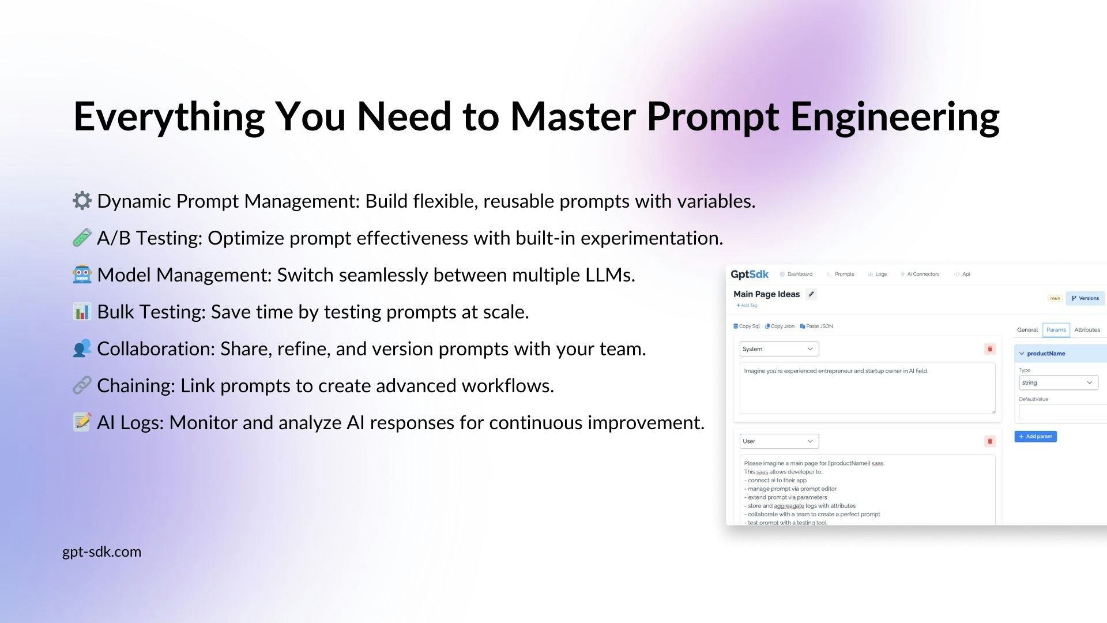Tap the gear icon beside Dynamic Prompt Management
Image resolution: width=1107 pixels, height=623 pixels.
tap(82, 201)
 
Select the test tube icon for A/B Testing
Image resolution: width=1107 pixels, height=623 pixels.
tap(82, 238)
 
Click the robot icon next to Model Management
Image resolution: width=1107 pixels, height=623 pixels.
tap(82, 275)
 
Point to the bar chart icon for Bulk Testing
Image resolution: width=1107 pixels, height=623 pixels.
tap(82, 311)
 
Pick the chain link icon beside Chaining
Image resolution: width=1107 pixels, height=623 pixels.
tap(82, 385)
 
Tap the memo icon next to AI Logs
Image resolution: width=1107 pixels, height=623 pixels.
tap(82, 422)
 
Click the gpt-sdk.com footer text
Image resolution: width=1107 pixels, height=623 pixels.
tap(101, 552)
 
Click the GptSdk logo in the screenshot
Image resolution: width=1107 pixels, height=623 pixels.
tap(750, 275)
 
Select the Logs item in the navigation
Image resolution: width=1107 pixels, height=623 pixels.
tap(878, 274)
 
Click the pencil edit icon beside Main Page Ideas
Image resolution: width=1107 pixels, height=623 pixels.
tap(811, 294)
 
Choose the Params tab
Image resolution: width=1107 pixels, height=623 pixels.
tap(1056, 330)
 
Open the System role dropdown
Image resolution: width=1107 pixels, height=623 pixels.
tap(779, 349)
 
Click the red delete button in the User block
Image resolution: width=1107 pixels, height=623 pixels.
tap(990, 441)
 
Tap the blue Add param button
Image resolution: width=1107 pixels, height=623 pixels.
tap(1036, 437)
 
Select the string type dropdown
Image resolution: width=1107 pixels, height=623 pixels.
tap(1059, 382)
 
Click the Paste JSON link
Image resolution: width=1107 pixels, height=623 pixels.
tap(816, 326)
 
